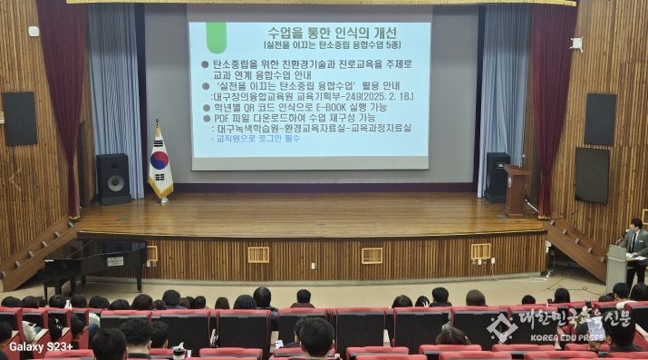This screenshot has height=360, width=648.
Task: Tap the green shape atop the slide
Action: pyautogui.click(x=216, y=36)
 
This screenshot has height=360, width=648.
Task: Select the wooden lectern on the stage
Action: pyautogui.click(x=517, y=190)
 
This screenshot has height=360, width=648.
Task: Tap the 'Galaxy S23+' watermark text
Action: pyautogui.click(x=41, y=345)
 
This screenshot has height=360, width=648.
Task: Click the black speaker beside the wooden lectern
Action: pyautogui.click(x=496, y=175)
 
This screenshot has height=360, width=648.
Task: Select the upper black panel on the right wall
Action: pyautogui.click(x=599, y=118)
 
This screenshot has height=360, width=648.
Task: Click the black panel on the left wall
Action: pyautogui.click(x=20, y=118)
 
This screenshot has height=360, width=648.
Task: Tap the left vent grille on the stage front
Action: pyautogui.click(x=258, y=255)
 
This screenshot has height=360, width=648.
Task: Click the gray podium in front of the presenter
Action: pyautogui.click(x=617, y=265)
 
